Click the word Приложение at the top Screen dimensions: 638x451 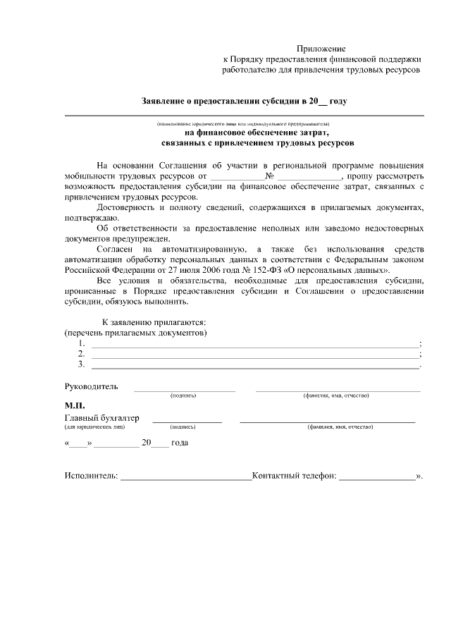click(321, 48)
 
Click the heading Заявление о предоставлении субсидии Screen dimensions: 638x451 click(244, 102)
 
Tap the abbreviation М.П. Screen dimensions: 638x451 click(74, 405)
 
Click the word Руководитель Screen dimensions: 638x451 click(92, 386)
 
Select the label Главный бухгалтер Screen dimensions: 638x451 click(101, 418)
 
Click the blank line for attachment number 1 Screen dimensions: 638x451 click(255, 345)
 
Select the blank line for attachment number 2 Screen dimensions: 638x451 click(255, 356)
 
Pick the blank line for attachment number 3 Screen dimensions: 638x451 click(255, 367)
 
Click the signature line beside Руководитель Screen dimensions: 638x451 click(185, 389)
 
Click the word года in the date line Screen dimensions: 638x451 click(179, 443)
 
